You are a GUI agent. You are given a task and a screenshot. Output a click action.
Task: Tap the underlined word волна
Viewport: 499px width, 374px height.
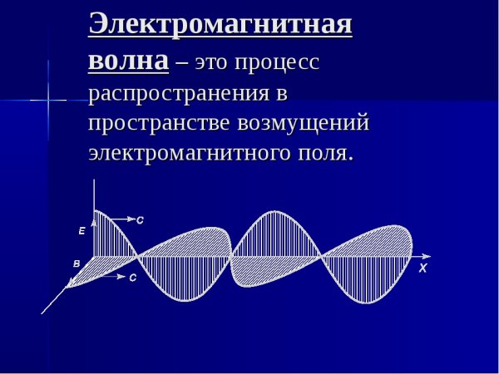point(128,60)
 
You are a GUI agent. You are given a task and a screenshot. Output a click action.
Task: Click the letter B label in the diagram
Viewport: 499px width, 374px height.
point(77,264)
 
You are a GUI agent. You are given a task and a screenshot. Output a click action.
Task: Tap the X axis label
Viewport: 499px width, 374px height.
point(422,268)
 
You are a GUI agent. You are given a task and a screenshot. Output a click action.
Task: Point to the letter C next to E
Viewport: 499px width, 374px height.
point(140,220)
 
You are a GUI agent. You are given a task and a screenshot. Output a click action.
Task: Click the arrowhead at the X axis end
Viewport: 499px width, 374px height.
point(427,254)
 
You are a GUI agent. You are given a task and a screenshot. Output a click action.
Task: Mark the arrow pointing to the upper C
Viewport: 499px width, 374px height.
point(120,219)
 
